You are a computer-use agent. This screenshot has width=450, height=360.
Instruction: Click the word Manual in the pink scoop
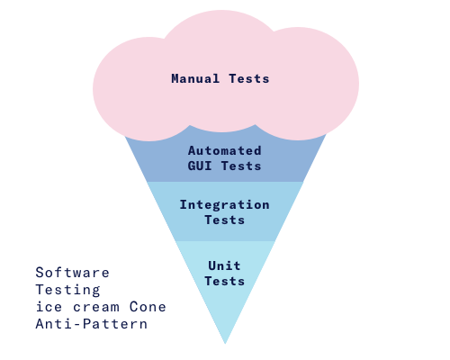pos(195,78)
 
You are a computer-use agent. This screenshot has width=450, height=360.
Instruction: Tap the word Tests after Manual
pos(249,78)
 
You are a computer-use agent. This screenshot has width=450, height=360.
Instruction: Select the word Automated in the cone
pos(225,150)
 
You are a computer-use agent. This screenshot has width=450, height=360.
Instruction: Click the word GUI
pos(200,166)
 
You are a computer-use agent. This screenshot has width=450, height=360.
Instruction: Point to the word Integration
pos(225,204)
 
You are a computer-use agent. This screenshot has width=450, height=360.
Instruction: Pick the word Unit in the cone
pos(224,265)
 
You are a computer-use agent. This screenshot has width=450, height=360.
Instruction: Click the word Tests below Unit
pos(225,281)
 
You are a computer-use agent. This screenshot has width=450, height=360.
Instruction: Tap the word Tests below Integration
pos(225,220)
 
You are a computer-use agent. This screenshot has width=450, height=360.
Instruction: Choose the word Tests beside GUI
pos(241,166)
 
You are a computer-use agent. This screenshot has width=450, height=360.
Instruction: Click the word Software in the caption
pos(72,273)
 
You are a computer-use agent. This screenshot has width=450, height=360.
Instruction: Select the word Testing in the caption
pos(67,291)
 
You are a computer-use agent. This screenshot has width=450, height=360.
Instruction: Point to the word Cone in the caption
pos(148,307)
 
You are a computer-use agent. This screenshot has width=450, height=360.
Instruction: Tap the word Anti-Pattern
pos(92,324)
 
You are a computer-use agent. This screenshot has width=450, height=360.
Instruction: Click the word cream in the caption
pos(96,308)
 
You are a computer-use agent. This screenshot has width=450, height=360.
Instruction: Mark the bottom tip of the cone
pos(225,344)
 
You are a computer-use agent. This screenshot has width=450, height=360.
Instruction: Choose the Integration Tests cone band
pos(225,211)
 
